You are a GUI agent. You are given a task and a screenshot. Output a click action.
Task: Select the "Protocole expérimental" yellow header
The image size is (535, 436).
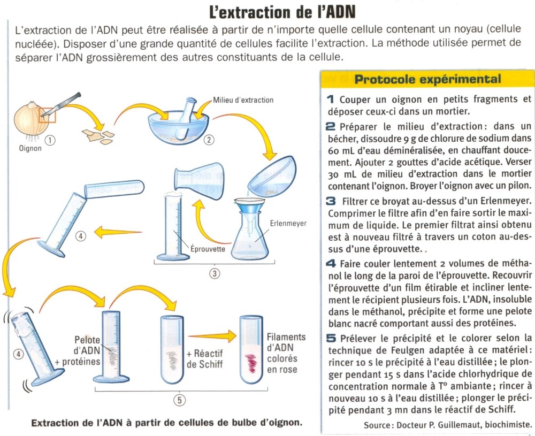pos(428,80)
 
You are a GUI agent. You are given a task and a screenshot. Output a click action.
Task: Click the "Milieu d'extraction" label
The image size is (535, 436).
pos(243,100)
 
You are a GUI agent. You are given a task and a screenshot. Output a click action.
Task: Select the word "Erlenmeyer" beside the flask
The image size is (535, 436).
pos(288,223)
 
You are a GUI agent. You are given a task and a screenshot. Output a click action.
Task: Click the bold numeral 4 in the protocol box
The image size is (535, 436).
pos(330,264)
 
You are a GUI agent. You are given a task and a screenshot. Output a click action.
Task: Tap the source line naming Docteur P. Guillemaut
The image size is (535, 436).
pos(447,425)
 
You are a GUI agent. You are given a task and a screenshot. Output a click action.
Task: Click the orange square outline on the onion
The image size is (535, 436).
pos(47,113)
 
